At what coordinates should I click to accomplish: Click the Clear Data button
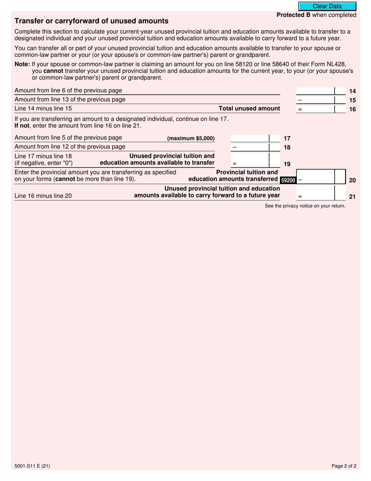point(327,6)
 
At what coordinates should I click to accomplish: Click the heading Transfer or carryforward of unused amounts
point(91,21)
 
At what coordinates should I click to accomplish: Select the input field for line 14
point(316,91)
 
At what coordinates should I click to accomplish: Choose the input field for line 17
point(250,138)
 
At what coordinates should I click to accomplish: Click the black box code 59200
point(288,180)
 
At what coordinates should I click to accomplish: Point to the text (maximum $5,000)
point(191,138)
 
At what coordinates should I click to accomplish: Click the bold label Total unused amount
point(249,108)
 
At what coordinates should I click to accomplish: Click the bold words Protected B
point(293,15)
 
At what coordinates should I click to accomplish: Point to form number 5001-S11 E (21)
point(32,466)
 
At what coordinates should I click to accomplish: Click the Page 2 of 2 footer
point(344,466)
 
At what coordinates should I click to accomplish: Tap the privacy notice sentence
point(305,206)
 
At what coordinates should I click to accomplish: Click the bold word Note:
point(22,65)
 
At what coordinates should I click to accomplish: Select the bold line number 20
point(352,180)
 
